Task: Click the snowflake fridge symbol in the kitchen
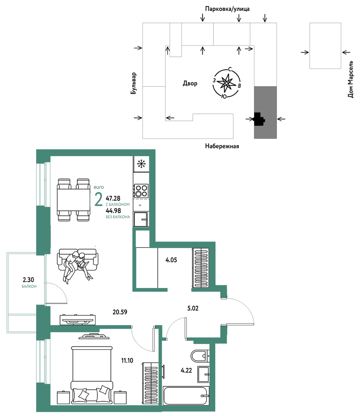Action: click(x=141, y=164)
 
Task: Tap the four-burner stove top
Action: click(x=141, y=191)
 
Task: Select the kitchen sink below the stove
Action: click(x=141, y=219)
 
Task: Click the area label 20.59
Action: click(x=120, y=312)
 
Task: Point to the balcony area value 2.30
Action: click(x=28, y=280)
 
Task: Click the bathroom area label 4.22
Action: click(x=186, y=371)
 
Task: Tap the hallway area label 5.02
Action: click(x=193, y=308)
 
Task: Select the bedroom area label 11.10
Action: click(x=127, y=361)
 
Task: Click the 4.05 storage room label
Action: click(x=171, y=260)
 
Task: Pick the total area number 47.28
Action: click(x=113, y=198)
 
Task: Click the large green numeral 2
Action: click(x=99, y=200)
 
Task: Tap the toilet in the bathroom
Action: click(x=200, y=356)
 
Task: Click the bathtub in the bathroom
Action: click(x=186, y=396)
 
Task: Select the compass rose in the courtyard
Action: click(x=226, y=83)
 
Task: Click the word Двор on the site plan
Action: click(x=190, y=84)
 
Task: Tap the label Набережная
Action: click(x=222, y=146)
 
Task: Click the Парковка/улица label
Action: click(x=227, y=9)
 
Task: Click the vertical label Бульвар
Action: click(x=134, y=83)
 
